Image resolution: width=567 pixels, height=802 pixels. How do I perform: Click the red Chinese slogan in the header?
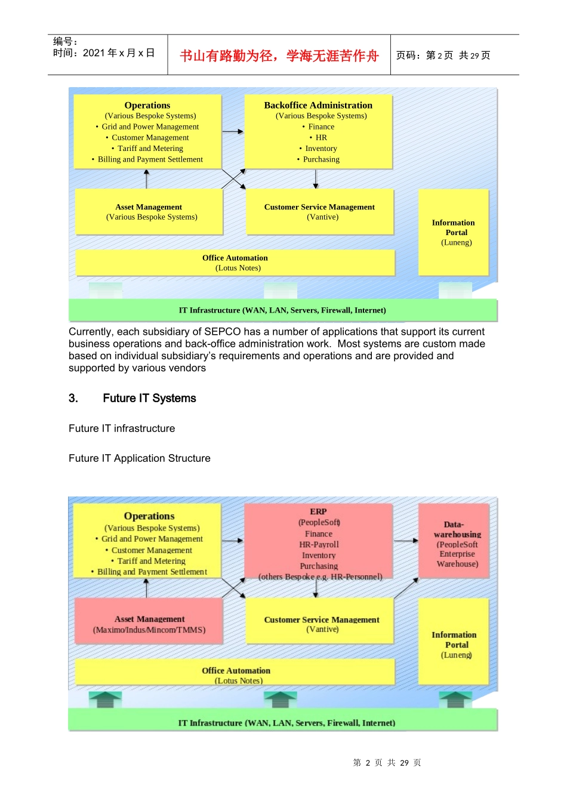pyautogui.click(x=279, y=55)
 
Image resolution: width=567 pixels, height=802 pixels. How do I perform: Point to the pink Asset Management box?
pyautogui.click(x=149, y=624)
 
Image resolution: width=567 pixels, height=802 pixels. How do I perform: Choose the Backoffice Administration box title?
pyautogui.click(x=318, y=105)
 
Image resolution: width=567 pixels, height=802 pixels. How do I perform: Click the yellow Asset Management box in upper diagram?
pyautogui.click(x=149, y=212)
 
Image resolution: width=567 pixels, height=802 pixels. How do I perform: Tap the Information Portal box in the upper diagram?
pyautogui.click(x=454, y=232)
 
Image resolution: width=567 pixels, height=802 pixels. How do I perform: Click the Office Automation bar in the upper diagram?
pyautogui.click(x=235, y=263)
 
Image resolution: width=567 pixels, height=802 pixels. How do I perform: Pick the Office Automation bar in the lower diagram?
pyautogui.click(x=236, y=674)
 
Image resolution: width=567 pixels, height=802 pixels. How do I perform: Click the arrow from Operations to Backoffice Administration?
pyautogui.click(x=233, y=131)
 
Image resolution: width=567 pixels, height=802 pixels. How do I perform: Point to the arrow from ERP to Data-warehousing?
pyautogui.click(x=406, y=541)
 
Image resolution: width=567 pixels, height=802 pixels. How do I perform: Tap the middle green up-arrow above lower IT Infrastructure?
pyautogui.click(x=280, y=699)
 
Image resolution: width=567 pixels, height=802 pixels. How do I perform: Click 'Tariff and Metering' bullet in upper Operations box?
pyautogui.click(x=150, y=149)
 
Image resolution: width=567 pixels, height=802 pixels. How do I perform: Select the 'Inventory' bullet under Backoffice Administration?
pyautogui.click(x=321, y=149)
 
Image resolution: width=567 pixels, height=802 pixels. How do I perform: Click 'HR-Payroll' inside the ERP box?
pyautogui.click(x=319, y=545)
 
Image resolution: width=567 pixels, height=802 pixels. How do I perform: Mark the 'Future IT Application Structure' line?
pyautogui.click(x=140, y=458)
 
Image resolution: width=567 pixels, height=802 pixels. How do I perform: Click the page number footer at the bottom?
pyautogui.click(x=387, y=763)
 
